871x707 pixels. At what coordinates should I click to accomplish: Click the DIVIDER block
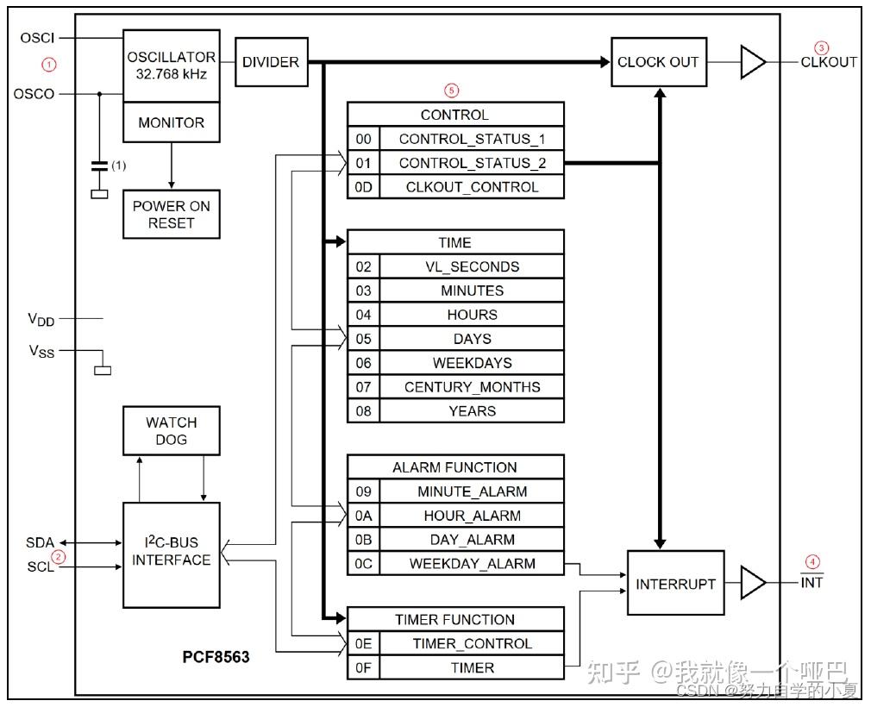tap(271, 62)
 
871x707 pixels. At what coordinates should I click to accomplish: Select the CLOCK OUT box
tap(658, 62)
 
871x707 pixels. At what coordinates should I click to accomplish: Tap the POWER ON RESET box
tap(171, 214)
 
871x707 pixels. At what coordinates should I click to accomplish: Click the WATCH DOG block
tap(171, 431)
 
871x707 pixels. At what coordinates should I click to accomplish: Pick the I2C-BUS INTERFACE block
tap(171, 552)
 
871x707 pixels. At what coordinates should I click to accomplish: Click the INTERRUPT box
tap(675, 584)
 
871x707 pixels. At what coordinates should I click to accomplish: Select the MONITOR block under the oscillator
tap(171, 123)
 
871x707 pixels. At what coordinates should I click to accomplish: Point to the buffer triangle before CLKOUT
tap(752, 62)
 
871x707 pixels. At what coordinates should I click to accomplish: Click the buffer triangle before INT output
tap(752, 584)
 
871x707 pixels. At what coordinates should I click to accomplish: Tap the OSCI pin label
tap(37, 38)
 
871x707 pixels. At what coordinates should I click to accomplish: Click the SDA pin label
tap(40, 542)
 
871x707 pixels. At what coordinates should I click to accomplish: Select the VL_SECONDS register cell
tap(472, 267)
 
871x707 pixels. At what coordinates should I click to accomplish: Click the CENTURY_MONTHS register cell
tap(472, 387)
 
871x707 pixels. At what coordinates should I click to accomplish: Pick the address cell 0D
tap(363, 187)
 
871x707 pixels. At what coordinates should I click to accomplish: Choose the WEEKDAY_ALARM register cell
tap(472, 564)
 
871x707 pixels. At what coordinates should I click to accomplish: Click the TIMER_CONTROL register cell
tap(472, 643)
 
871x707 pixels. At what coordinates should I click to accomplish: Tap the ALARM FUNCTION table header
tap(454, 467)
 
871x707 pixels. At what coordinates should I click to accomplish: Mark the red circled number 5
tap(452, 89)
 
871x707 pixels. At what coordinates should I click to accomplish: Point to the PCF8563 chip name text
tap(216, 657)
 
